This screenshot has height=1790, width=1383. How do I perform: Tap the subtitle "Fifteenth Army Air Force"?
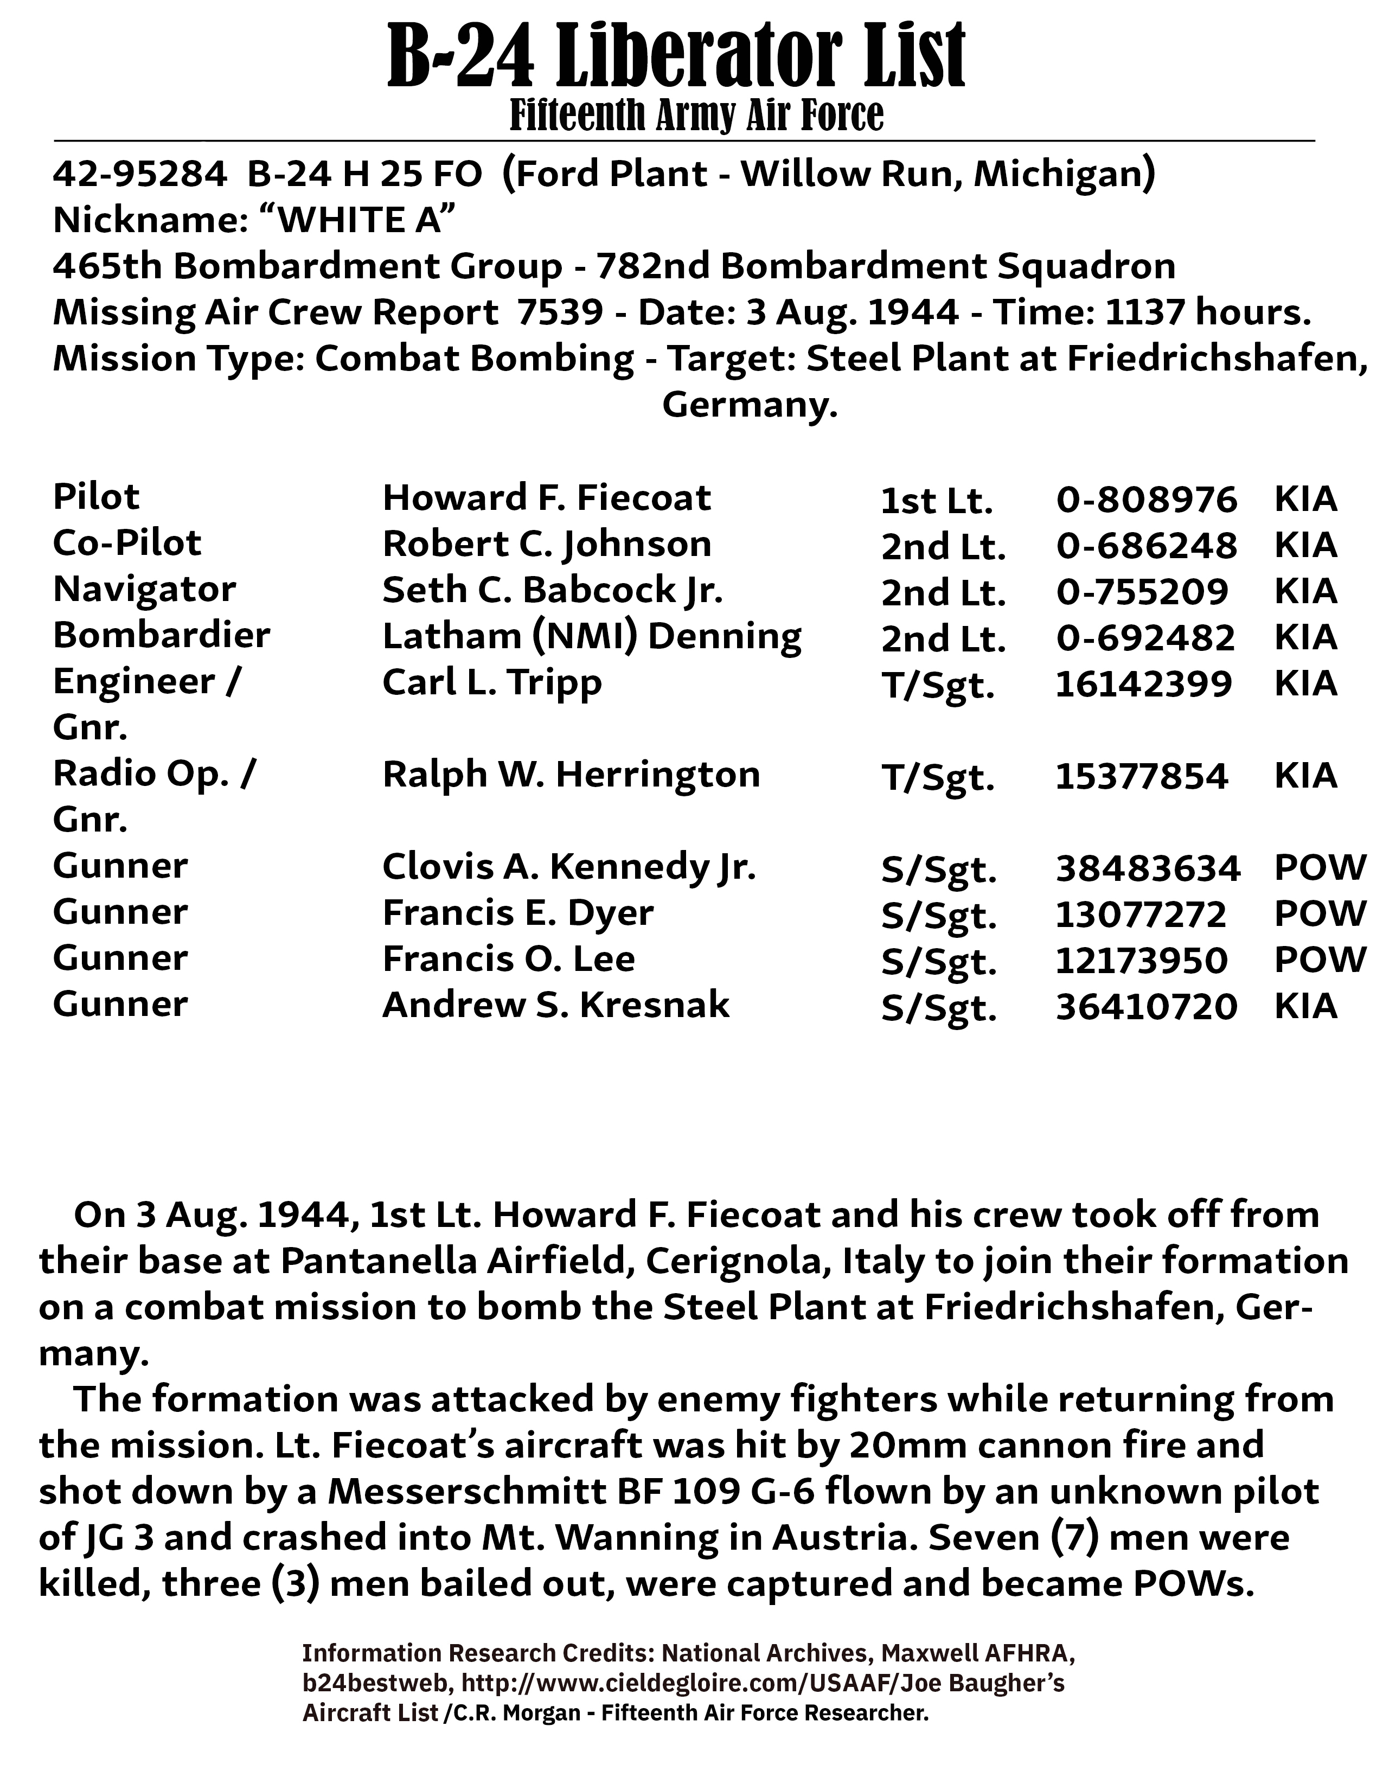(696, 116)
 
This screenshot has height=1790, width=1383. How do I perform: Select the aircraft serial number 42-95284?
(139, 174)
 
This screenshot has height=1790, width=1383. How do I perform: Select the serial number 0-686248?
(1146, 546)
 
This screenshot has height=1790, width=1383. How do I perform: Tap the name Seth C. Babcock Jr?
(552, 591)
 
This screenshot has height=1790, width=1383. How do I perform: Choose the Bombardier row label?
(162, 636)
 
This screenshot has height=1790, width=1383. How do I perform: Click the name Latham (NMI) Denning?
(592, 637)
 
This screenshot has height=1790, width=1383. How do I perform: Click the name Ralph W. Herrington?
(571, 775)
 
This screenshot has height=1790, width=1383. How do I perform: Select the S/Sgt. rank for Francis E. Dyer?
(939, 916)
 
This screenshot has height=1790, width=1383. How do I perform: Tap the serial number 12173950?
(1141, 960)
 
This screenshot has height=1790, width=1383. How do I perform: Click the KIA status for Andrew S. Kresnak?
(1306, 1006)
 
